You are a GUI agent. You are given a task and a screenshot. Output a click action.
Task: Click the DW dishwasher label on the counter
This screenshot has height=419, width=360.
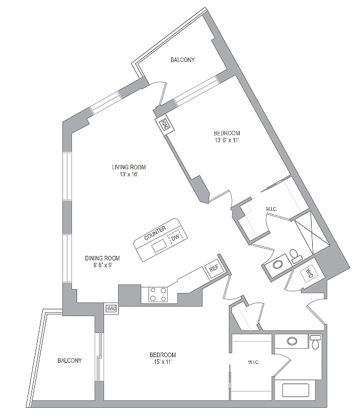(177, 237)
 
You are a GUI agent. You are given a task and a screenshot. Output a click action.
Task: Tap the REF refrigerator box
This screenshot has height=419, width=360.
(214, 269)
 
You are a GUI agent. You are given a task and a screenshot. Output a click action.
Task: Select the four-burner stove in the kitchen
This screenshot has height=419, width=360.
(157, 294)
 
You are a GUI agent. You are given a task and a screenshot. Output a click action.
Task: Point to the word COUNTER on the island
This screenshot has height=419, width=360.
(155, 235)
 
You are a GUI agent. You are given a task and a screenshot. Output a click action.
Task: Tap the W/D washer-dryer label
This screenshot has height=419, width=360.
(309, 274)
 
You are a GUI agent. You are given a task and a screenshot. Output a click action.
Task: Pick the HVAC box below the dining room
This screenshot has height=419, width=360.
(110, 308)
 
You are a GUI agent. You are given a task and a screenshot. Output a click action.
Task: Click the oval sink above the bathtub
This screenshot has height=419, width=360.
(292, 341)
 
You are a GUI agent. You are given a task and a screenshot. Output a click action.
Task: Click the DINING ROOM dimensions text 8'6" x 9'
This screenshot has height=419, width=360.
(102, 265)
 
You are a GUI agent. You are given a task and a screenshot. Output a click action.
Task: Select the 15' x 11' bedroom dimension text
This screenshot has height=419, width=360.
(163, 362)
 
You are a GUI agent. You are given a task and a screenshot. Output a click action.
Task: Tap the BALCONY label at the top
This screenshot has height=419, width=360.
(183, 60)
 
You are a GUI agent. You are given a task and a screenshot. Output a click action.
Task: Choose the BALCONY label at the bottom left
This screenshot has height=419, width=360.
(70, 361)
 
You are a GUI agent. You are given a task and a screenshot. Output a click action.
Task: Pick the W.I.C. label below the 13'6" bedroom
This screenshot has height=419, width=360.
(272, 210)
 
